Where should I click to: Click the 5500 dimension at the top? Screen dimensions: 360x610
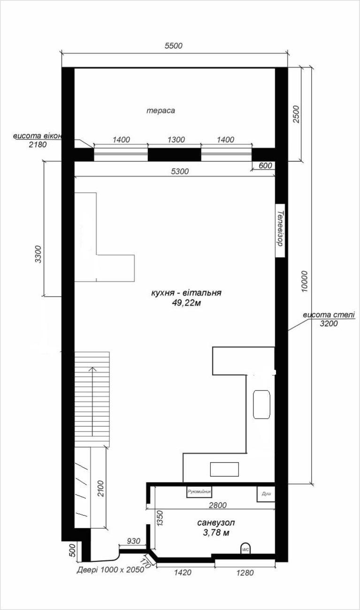click(x=174, y=46)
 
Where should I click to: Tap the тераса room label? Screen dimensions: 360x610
click(x=161, y=111)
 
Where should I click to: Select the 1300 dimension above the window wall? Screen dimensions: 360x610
click(x=176, y=140)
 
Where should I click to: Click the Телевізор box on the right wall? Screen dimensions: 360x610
click(x=280, y=230)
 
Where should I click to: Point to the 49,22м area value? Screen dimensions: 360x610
click(x=186, y=303)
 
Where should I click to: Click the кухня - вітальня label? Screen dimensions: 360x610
click(x=186, y=293)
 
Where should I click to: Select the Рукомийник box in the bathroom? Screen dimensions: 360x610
click(x=199, y=492)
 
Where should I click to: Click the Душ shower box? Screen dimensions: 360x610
click(x=266, y=494)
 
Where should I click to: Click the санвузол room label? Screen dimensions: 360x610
click(x=216, y=523)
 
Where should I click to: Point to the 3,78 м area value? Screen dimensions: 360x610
click(x=216, y=533)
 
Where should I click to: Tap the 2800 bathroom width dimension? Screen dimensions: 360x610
click(x=218, y=505)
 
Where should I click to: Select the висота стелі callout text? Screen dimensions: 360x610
click(x=329, y=315)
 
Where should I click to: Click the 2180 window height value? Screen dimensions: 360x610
click(x=38, y=145)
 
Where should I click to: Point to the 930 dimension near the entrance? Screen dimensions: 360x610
click(x=133, y=541)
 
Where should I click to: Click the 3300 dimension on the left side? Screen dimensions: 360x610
click(x=38, y=254)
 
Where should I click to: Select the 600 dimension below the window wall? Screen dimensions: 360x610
click(x=265, y=166)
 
